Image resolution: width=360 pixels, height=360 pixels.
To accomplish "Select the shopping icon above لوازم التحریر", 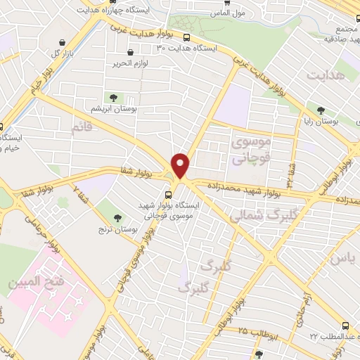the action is pos(131,53).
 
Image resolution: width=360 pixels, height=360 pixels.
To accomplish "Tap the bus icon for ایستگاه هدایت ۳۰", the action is pos(186,37).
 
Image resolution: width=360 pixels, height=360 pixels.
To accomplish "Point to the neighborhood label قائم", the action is pos(82,127).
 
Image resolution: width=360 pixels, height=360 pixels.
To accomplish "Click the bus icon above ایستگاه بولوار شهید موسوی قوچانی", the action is pos(169,195).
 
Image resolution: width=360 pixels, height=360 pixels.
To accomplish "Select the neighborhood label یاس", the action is pos(337,259).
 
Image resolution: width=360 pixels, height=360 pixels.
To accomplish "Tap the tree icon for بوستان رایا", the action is pos(321,110).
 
